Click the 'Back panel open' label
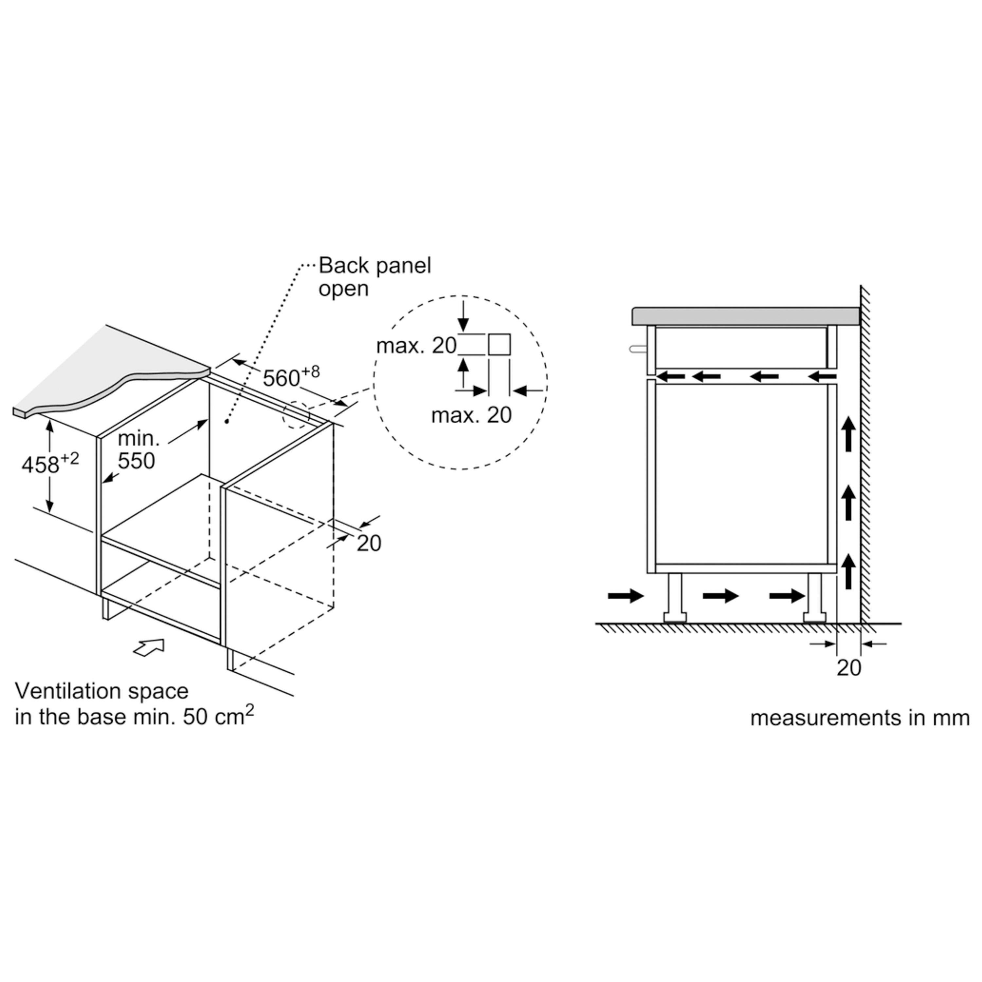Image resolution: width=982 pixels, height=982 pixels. click(x=374, y=277)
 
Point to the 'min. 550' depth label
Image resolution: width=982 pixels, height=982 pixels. click(x=136, y=450)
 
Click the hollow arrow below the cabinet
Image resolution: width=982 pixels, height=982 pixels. click(x=149, y=647)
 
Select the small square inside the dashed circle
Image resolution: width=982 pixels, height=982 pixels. click(x=499, y=345)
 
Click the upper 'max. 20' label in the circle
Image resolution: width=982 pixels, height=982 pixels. click(x=416, y=346)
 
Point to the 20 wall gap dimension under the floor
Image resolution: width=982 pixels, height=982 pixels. click(x=849, y=667)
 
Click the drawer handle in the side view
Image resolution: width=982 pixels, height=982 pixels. click(x=638, y=349)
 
